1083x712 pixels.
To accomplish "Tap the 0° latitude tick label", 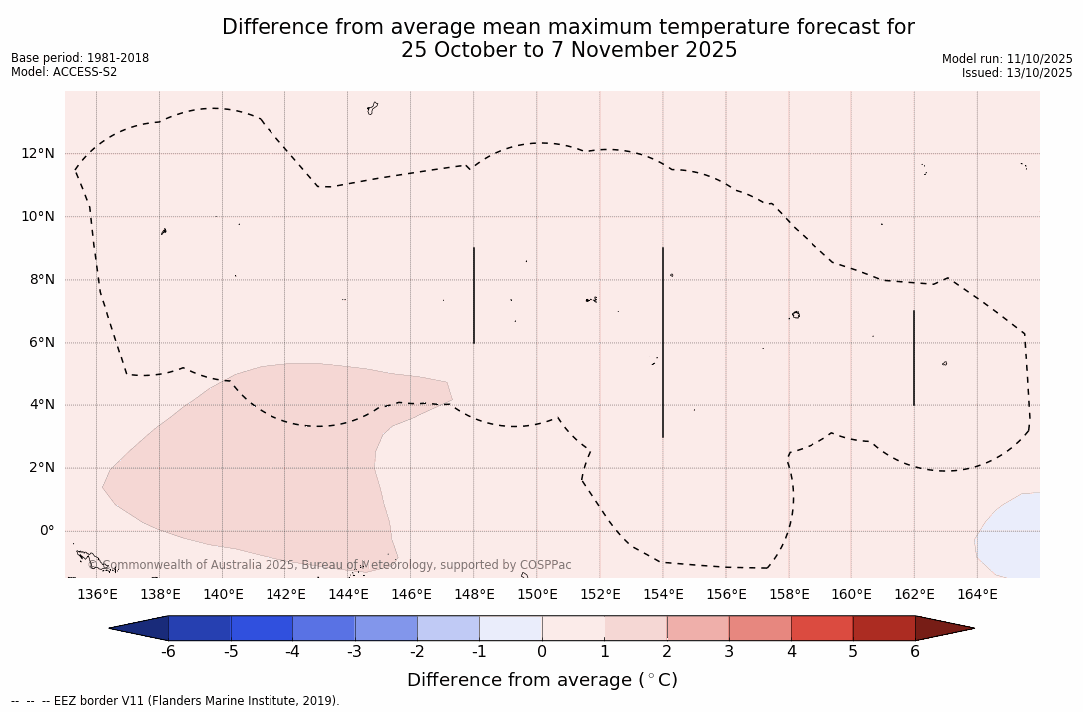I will pos(46,531).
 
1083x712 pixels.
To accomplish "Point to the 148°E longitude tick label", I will pos(474,595).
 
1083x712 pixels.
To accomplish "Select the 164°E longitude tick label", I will pos(977,595).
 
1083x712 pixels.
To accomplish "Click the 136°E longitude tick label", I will pos(97,595).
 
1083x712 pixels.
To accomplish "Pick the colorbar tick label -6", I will pos(168,652).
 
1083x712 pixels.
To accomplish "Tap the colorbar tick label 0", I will pos(542,652).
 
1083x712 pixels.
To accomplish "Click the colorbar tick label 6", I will pos(915,652).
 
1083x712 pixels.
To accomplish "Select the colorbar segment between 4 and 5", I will pos(821,628).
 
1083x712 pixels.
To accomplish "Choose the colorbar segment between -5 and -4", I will pos(262,628).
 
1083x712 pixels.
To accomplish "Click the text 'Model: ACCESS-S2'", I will pos(64,72).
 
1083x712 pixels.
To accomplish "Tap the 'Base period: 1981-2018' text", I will pos(80,58).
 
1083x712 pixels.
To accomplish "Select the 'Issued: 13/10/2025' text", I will pos(1017,73).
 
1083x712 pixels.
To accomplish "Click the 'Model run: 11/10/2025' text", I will pos(1007,59).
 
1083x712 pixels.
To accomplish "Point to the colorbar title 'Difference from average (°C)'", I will pos(542,680).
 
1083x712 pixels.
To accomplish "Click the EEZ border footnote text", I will pos(176,701).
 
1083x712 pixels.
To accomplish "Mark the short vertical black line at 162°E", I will pos(914,357).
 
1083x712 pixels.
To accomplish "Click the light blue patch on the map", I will pos(1010,535).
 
